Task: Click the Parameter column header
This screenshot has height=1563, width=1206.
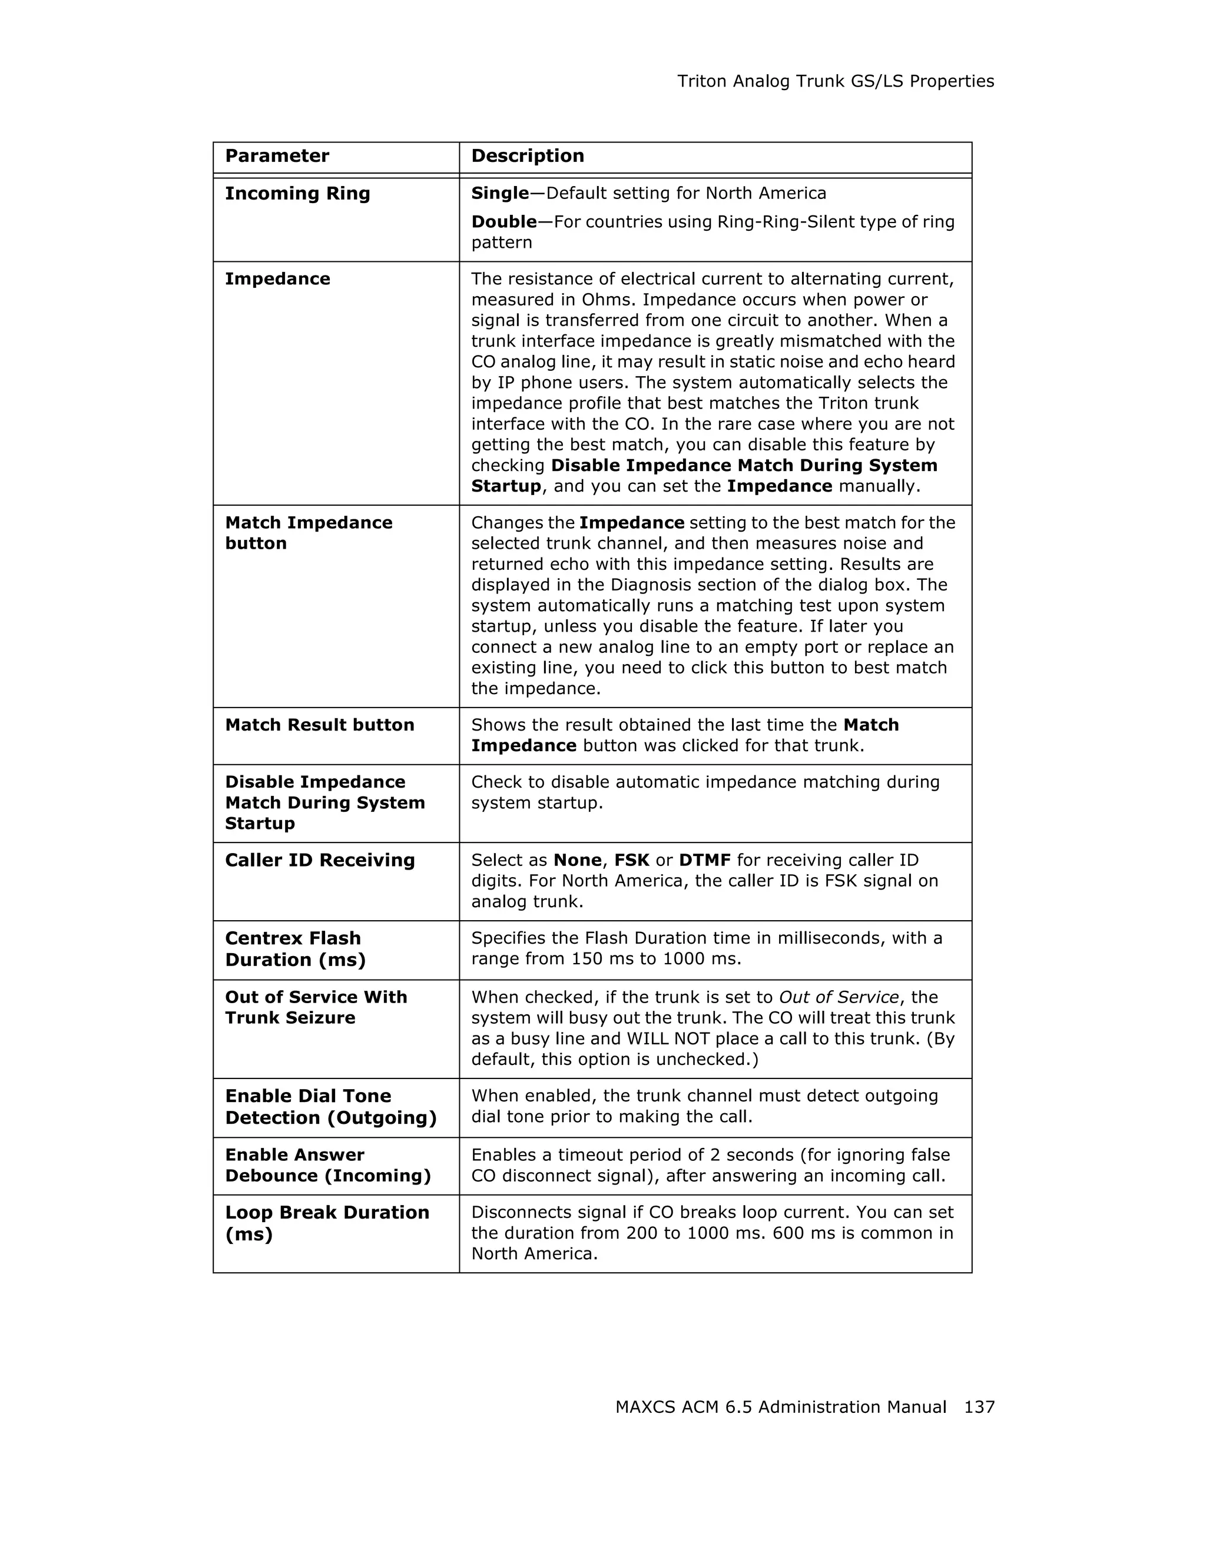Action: (x=277, y=156)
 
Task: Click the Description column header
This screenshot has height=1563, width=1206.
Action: (x=528, y=156)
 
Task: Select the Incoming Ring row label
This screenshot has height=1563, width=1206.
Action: (x=297, y=193)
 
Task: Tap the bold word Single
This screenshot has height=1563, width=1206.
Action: (x=499, y=193)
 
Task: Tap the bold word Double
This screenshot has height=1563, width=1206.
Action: (x=503, y=222)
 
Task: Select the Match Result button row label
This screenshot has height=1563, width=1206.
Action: (x=319, y=725)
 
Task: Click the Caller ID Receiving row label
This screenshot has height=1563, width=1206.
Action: (x=319, y=860)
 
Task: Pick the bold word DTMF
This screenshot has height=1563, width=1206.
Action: (x=704, y=860)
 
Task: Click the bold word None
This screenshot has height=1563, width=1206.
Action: (x=577, y=860)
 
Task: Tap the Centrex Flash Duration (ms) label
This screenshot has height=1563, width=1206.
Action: (x=294, y=949)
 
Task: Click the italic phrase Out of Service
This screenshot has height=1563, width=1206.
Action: (x=838, y=998)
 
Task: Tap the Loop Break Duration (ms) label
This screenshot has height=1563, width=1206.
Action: (x=326, y=1223)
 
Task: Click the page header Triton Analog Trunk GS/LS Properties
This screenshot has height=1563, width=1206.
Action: (x=835, y=82)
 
